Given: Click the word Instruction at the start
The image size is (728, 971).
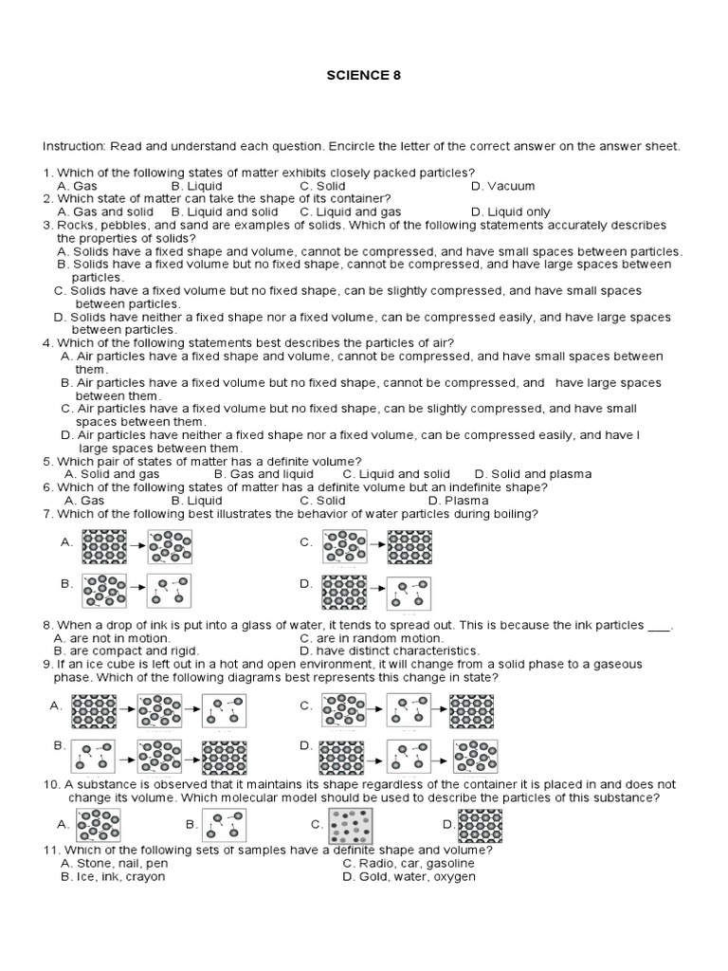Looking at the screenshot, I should [x=74, y=147].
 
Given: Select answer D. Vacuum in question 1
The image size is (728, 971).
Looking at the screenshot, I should [x=502, y=186].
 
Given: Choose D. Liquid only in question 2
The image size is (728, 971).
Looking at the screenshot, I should [x=510, y=212].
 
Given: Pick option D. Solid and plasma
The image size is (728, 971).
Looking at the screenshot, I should [x=533, y=473].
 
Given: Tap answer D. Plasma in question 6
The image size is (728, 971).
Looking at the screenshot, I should [x=458, y=500].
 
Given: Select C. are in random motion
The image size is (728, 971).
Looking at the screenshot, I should [x=371, y=638].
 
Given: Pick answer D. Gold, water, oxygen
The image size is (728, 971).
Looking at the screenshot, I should [x=409, y=877].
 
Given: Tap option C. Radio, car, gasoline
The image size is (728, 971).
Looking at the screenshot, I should [x=409, y=864].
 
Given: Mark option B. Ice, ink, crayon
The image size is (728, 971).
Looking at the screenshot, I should [x=113, y=877].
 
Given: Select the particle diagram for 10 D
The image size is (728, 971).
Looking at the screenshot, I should [x=481, y=825].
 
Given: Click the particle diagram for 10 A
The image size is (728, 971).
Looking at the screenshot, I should [x=98, y=825].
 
